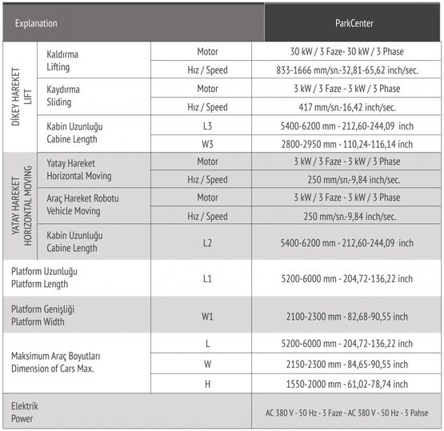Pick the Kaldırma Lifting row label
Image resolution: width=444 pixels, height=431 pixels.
click(x=63, y=60)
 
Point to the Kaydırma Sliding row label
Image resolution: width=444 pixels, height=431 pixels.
click(x=65, y=97)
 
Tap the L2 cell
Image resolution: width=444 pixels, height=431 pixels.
click(x=207, y=242)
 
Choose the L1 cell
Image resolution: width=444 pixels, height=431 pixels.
click(x=207, y=278)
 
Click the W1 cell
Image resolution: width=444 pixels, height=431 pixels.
click(x=207, y=316)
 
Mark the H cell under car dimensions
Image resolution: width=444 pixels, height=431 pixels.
click(x=207, y=384)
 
